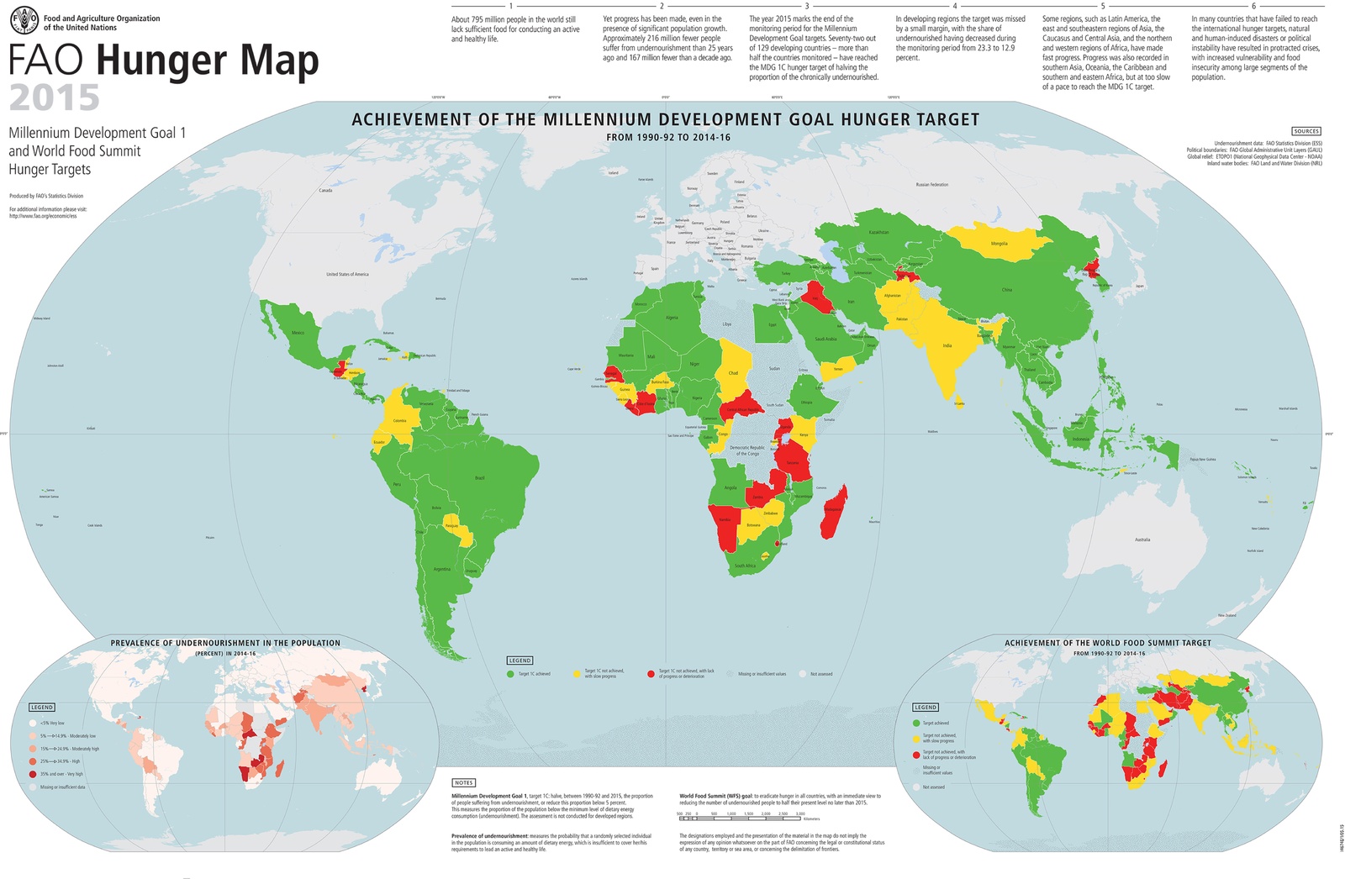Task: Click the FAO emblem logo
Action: point(24,21)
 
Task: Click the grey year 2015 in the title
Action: point(55,98)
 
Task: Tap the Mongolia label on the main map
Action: point(999,244)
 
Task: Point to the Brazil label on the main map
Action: point(480,478)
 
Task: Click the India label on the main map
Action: point(947,345)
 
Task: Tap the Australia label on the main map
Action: point(1142,540)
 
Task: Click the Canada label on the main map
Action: point(325,191)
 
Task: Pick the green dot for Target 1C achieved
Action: point(510,674)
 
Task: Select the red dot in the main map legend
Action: point(651,674)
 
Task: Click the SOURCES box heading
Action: point(1306,131)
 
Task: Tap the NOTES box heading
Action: point(463,782)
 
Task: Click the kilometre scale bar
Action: point(740,818)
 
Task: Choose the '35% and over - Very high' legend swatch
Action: point(33,774)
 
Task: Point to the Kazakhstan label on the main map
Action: point(878,233)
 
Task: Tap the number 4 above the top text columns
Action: point(955,6)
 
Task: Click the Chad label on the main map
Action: point(733,373)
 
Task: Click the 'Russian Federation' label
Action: point(931,185)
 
